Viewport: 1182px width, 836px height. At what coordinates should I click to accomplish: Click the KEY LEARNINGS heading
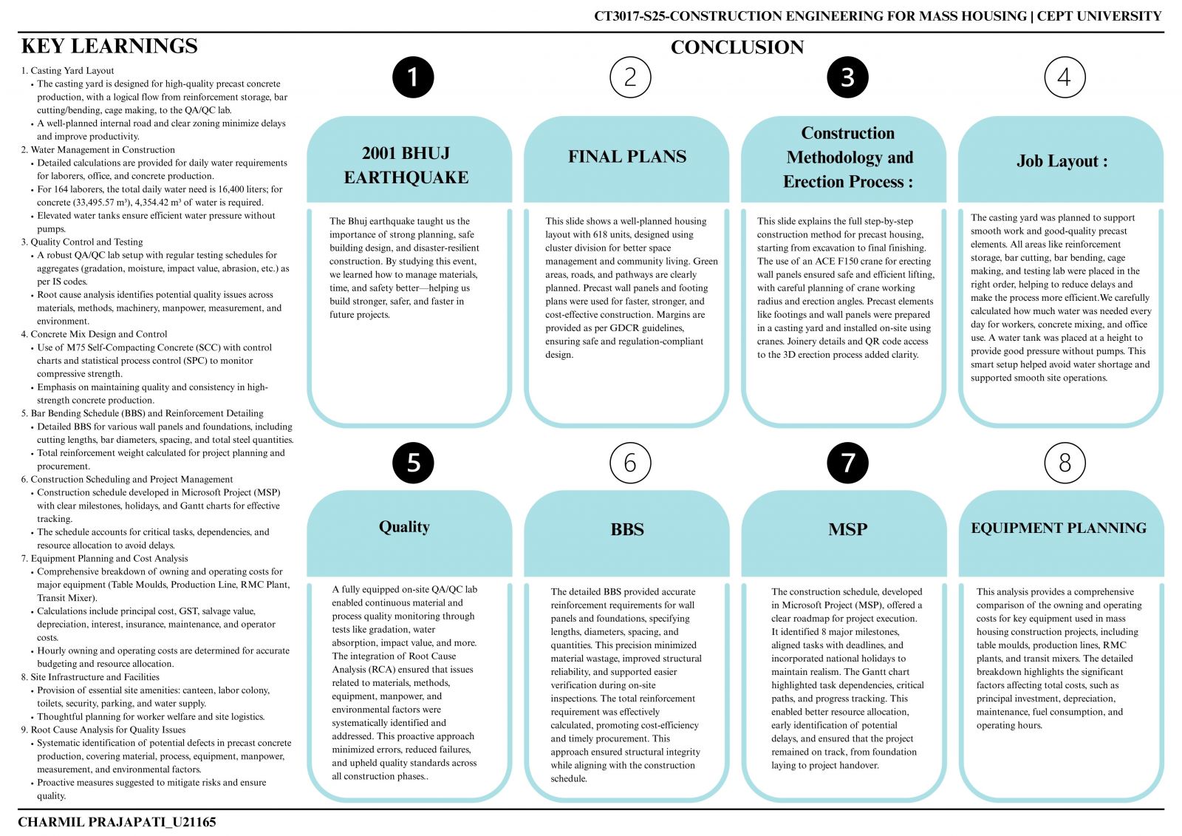(x=109, y=46)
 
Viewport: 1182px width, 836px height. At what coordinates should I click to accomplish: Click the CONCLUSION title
(x=737, y=47)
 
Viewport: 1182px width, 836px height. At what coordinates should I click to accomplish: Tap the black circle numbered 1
(x=413, y=77)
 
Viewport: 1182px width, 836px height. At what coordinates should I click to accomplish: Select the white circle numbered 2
(x=631, y=77)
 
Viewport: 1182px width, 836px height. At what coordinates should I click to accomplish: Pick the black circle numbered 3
(x=847, y=77)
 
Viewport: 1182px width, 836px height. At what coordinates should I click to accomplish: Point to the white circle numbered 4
(x=1065, y=77)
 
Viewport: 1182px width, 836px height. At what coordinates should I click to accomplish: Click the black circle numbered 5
(x=413, y=463)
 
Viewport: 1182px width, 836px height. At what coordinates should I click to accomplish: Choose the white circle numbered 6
(x=631, y=463)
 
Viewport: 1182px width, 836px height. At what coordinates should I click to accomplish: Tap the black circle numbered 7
(x=847, y=463)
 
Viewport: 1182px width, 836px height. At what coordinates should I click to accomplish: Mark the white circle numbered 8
(x=1065, y=463)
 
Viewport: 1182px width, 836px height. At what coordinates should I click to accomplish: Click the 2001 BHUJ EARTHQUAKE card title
(x=406, y=165)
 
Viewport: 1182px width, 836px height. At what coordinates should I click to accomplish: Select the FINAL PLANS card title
(x=627, y=156)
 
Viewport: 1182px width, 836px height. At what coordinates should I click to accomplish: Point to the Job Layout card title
(x=1062, y=160)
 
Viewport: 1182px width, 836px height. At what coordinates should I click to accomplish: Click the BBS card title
(x=627, y=529)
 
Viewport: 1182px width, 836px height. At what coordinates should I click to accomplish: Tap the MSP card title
(x=847, y=529)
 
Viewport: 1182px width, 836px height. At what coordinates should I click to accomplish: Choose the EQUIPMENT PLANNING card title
(x=1059, y=528)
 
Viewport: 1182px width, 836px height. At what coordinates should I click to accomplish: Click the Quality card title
(x=404, y=526)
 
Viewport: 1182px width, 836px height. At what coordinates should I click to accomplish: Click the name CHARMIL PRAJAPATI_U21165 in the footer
(x=117, y=822)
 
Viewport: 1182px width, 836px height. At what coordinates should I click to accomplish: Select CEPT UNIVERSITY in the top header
(x=1099, y=16)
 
